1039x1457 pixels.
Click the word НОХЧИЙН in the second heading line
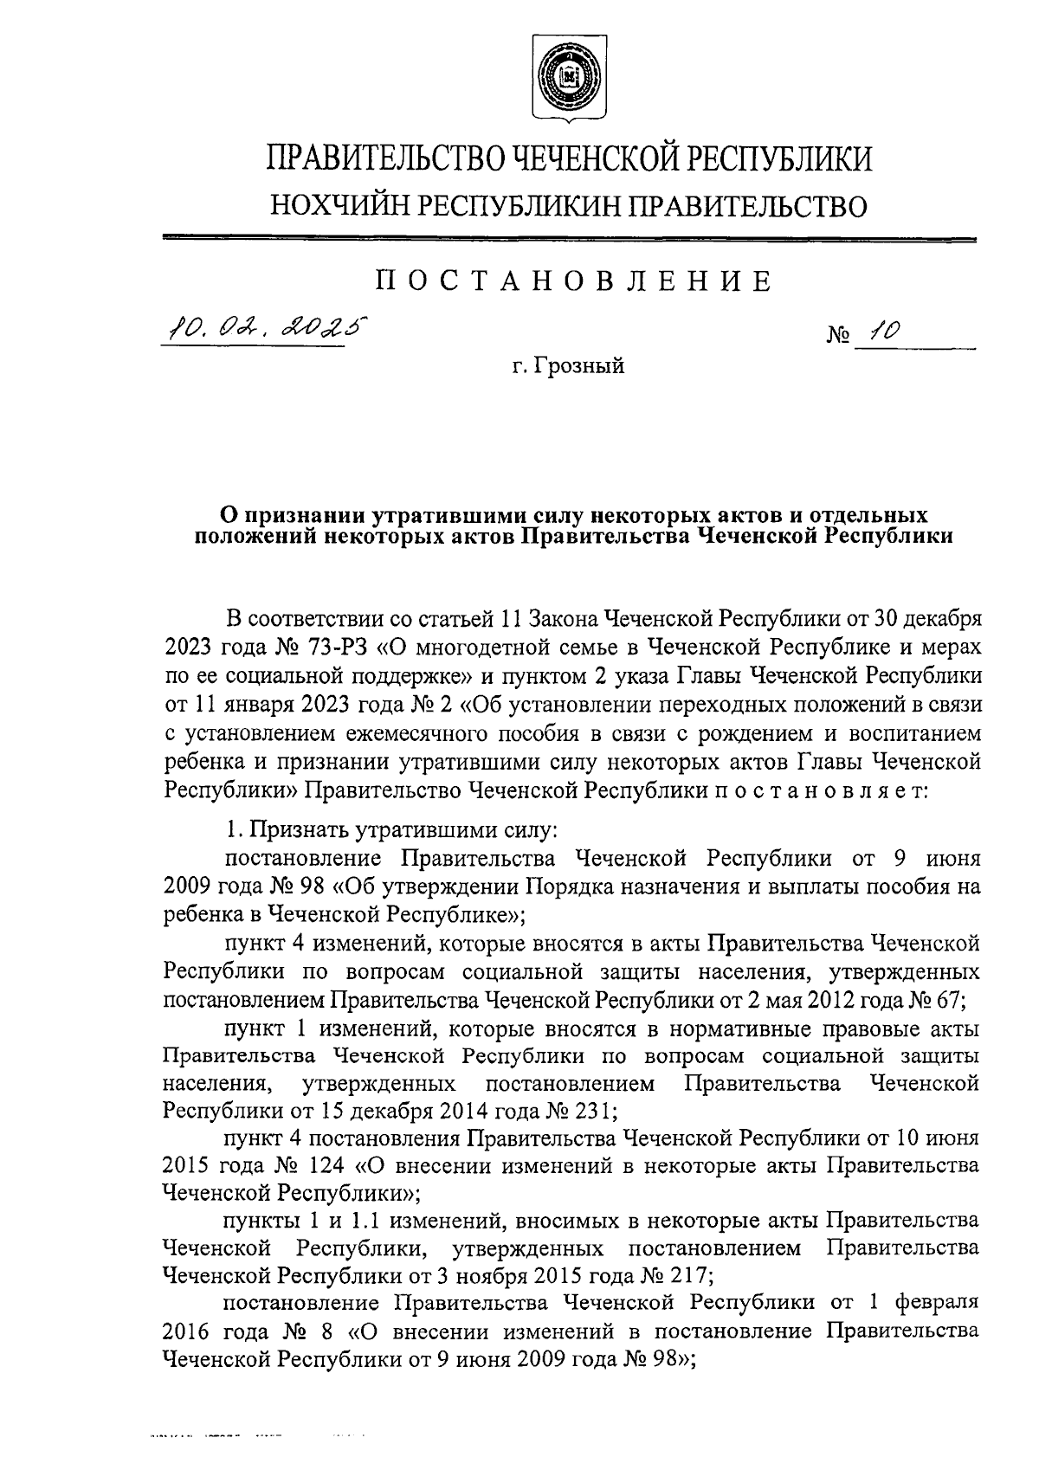pyautogui.click(x=341, y=205)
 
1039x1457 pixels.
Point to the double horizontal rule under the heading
pyautogui.click(x=569, y=238)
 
